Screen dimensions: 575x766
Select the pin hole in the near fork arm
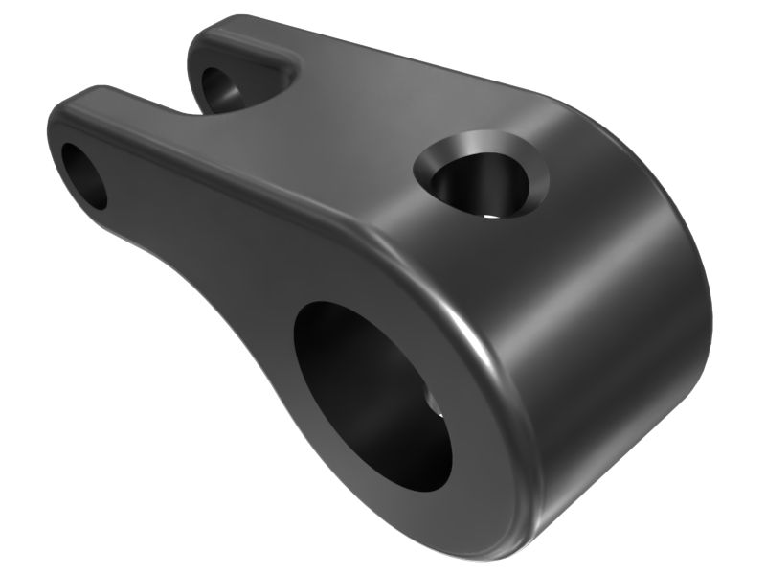(84, 175)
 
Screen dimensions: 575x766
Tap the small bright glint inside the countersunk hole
(491, 214)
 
